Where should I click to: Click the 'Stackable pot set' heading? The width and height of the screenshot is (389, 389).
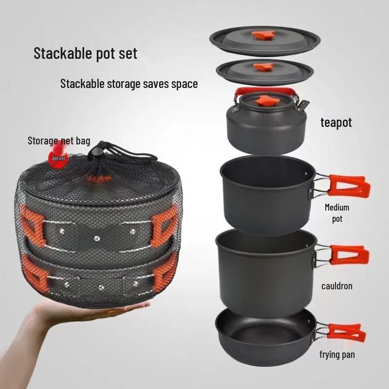[86, 53]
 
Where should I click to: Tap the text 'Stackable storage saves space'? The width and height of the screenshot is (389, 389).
[129, 84]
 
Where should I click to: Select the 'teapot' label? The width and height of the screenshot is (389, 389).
[336, 123]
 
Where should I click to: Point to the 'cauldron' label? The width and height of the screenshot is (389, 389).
[336, 286]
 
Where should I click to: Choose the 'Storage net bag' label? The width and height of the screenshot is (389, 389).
[59, 141]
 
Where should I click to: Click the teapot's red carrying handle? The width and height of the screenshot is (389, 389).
[265, 91]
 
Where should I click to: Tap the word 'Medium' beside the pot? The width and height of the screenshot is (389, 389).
[337, 208]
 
